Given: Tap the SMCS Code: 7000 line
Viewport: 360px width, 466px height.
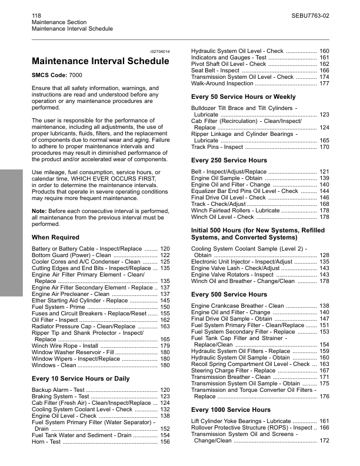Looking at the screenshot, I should tap(57, 76).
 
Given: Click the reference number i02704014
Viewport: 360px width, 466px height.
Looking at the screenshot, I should tap(161, 52).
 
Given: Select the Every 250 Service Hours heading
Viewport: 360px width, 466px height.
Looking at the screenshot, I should tap(229, 161).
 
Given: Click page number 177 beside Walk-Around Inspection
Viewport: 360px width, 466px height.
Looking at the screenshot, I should tap(324, 84).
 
